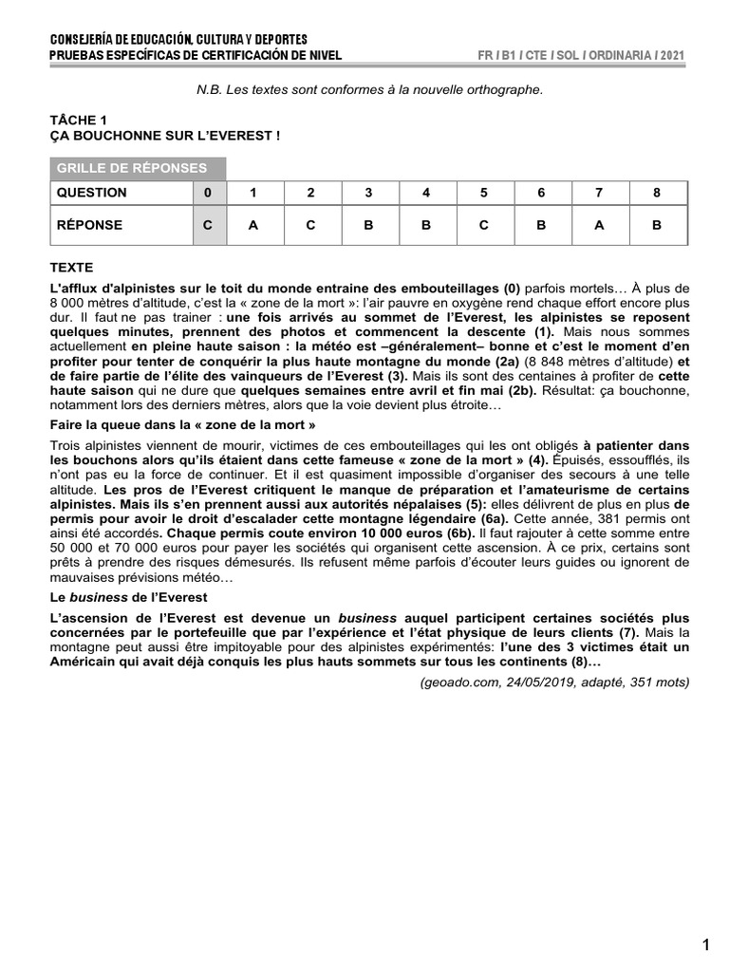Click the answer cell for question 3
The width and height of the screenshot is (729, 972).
point(368,226)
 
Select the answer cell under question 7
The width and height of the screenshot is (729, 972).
point(599,226)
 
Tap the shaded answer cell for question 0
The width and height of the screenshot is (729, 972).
point(208,226)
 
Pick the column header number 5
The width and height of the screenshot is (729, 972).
point(483,193)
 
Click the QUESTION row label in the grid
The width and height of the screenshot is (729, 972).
point(91,193)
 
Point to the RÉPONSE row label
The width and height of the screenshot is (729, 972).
point(89,226)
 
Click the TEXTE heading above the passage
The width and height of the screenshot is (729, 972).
point(71,269)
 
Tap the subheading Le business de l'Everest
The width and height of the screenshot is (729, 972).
point(128,597)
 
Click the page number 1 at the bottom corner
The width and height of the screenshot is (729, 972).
point(704,944)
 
